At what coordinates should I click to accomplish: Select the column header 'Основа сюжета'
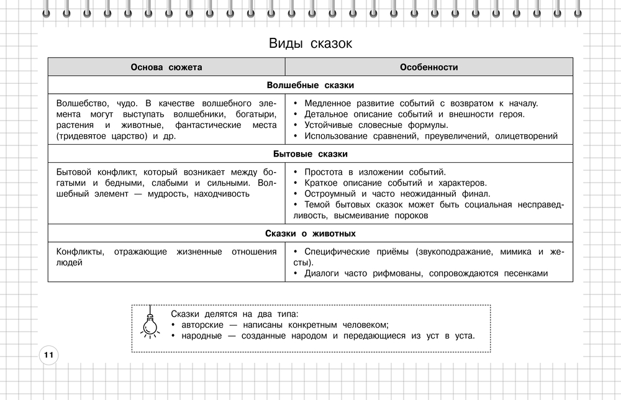coord(166,67)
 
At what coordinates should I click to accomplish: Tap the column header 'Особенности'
coord(428,67)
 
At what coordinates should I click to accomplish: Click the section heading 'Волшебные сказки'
coord(310,85)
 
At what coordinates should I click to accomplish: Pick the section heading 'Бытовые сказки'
coord(310,153)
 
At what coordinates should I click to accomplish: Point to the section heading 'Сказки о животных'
coord(310,234)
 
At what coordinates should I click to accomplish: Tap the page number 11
coord(48,355)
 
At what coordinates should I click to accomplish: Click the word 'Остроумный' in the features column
coord(329,194)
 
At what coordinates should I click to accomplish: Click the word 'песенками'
coord(524,273)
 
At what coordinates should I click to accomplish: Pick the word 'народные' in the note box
coord(201,336)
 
